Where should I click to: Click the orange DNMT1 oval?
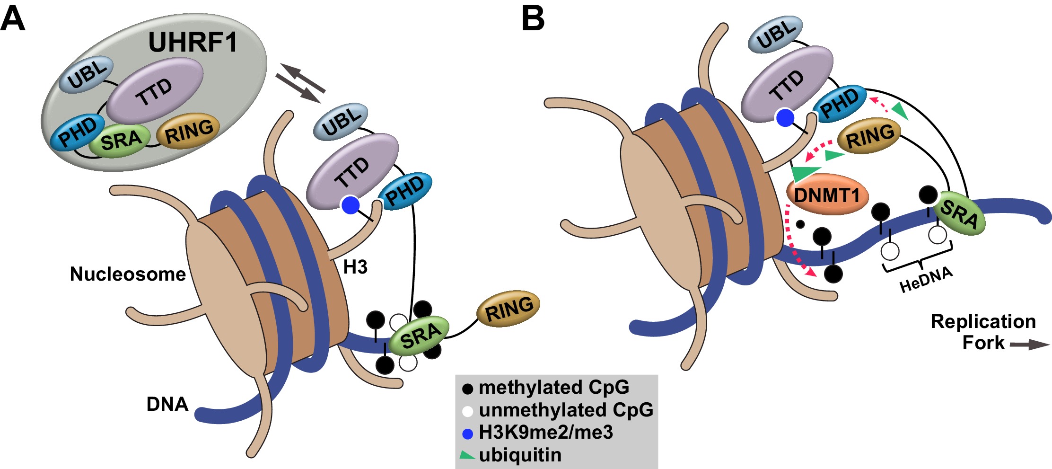pos(827,195)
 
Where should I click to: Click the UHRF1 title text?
pos(193,42)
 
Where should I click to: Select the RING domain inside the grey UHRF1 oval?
pos(189,131)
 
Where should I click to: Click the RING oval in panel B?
pos(869,135)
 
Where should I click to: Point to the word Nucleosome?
pos(128,274)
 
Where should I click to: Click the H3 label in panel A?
pos(355,267)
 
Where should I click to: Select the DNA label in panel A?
pos(167,404)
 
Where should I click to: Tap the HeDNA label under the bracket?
pos(926,280)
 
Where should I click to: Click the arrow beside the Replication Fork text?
pos(1029,345)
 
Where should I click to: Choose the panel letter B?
pos(533,19)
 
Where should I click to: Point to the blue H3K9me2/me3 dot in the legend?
pos(467,434)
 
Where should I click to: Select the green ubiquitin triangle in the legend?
pos(467,455)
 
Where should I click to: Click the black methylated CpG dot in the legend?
pos(467,389)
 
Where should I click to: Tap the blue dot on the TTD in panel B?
pos(785,117)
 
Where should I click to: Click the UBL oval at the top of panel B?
pos(775,34)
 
